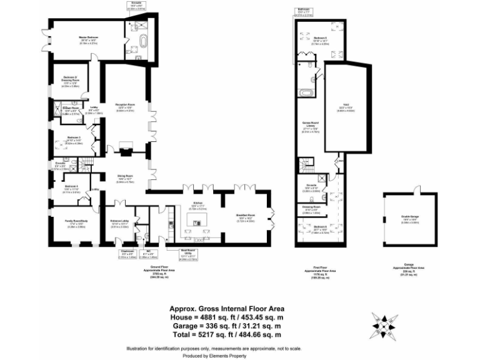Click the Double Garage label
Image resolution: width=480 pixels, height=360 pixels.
point(411,217)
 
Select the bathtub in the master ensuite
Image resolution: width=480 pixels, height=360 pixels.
point(144,43)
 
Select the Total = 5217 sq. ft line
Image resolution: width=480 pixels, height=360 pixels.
point(227,335)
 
